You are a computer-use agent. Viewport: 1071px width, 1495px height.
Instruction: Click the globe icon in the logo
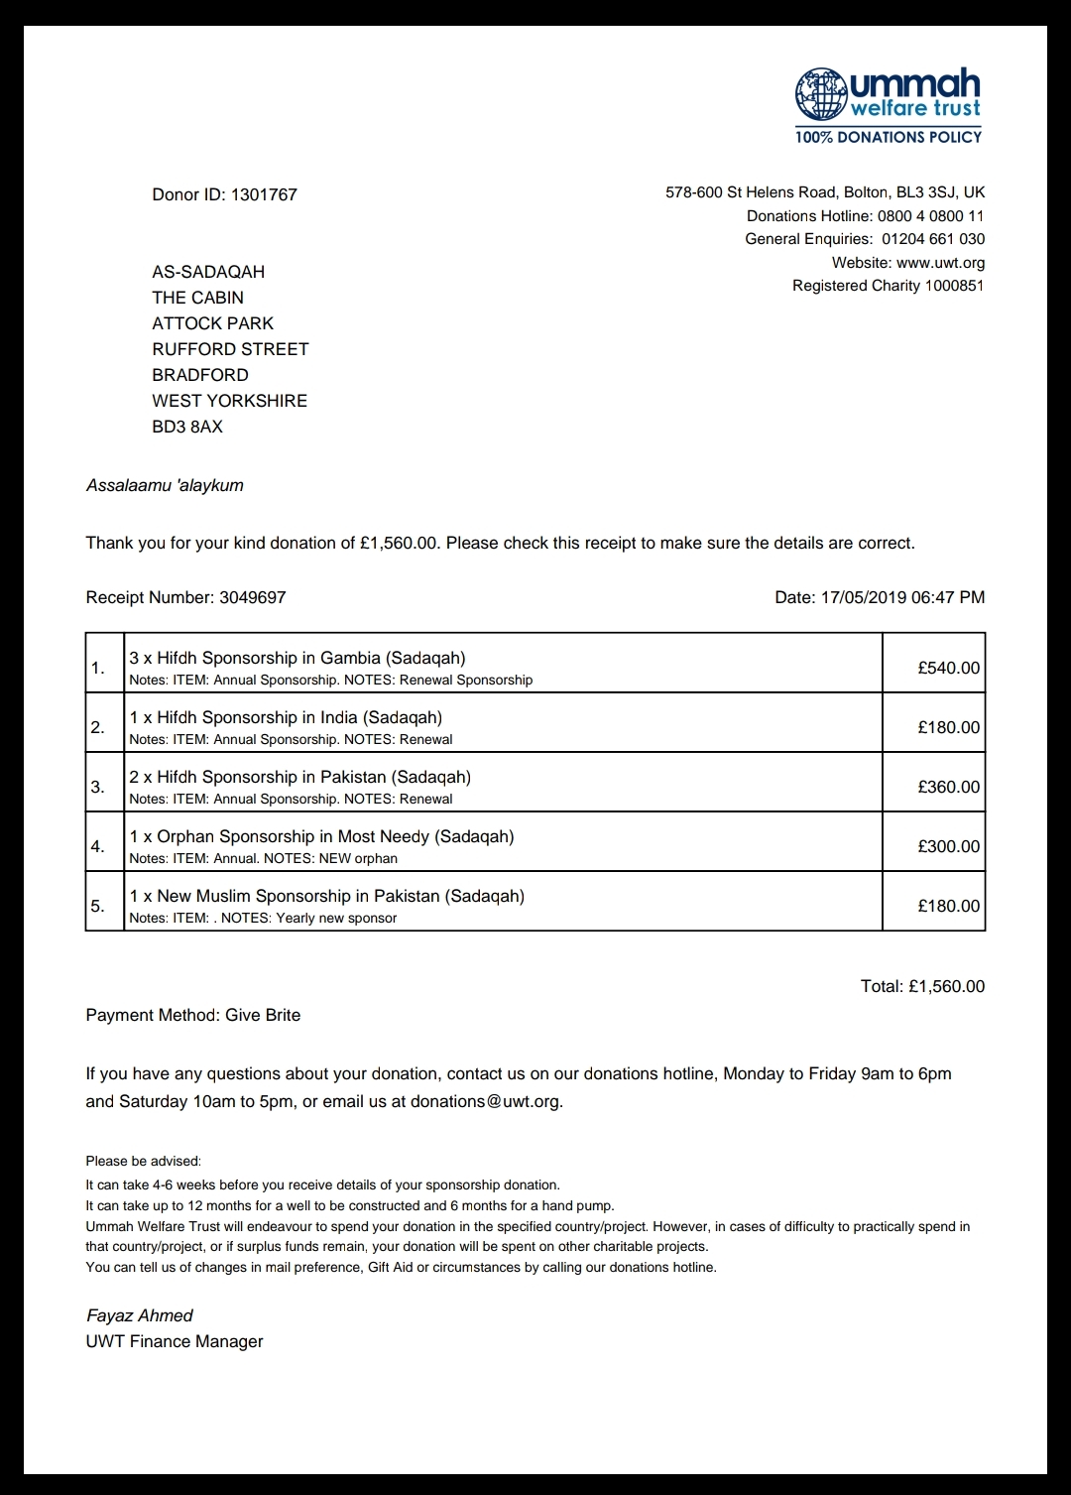[821, 94]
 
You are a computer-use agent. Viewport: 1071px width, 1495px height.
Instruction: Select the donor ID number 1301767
[264, 194]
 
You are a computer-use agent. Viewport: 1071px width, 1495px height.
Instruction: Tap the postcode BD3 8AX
[187, 427]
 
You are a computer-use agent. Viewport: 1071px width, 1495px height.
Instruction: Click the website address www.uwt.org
[940, 263]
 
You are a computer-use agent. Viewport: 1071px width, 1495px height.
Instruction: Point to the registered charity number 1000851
[954, 286]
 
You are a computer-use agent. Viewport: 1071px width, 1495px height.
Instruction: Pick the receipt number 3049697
[252, 597]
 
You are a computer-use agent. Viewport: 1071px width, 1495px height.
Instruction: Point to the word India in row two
[338, 717]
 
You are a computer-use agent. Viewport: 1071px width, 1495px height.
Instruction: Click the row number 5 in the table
[97, 906]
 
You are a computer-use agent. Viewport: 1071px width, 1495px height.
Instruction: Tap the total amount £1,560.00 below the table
[946, 986]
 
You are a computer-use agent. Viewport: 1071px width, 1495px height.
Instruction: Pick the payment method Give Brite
[263, 1015]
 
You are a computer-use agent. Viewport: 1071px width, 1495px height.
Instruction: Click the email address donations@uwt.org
[485, 1101]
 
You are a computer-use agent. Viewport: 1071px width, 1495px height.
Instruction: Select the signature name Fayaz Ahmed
[140, 1315]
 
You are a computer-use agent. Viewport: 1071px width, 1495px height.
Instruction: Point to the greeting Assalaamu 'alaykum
[165, 485]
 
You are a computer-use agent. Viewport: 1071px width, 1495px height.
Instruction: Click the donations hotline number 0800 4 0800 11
[930, 216]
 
